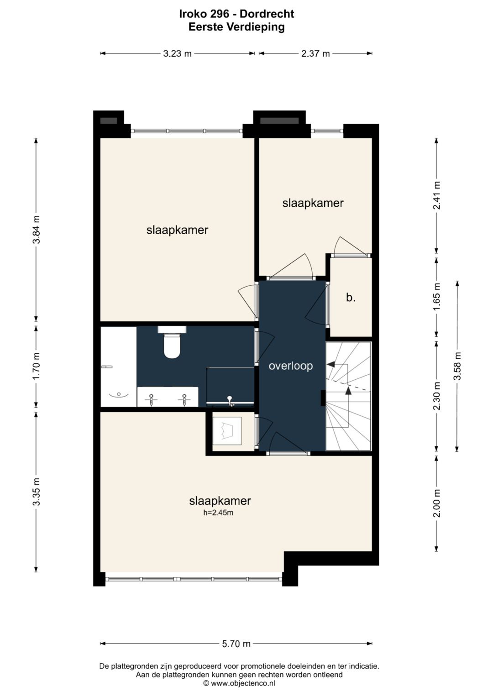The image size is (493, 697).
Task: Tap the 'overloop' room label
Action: (x=290, y=366)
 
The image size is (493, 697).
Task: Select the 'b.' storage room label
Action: (x=351, y=298)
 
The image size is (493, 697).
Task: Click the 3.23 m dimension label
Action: (x=177, y=53)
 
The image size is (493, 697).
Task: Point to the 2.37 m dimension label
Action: (x=315, y=53)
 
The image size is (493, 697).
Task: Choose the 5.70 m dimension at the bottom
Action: (x=236, y=644)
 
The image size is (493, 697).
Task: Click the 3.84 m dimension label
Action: (x=37, y=229)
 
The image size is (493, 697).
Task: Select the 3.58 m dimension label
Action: (x=457, y=366)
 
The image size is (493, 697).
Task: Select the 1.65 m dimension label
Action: (x=437, y=297)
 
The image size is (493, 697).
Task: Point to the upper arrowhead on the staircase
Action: (x=330, y=363)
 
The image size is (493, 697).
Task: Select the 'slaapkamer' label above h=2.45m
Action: (x=220, y=501)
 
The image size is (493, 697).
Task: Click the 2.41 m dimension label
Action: (x=437, y=195)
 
